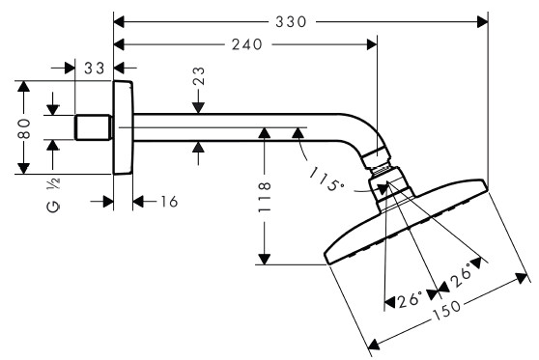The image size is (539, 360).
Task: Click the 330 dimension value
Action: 291,22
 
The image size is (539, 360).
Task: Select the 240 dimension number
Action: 247,44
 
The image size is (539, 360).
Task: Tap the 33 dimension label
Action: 95,68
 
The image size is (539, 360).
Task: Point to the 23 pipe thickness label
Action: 199,76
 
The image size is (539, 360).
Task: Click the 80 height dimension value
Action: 24,128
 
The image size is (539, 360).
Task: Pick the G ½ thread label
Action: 53,195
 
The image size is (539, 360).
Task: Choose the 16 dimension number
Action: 169,202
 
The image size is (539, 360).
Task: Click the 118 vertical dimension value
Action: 265,197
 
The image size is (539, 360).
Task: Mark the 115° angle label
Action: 326,180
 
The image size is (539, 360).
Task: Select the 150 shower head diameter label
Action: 446,310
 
